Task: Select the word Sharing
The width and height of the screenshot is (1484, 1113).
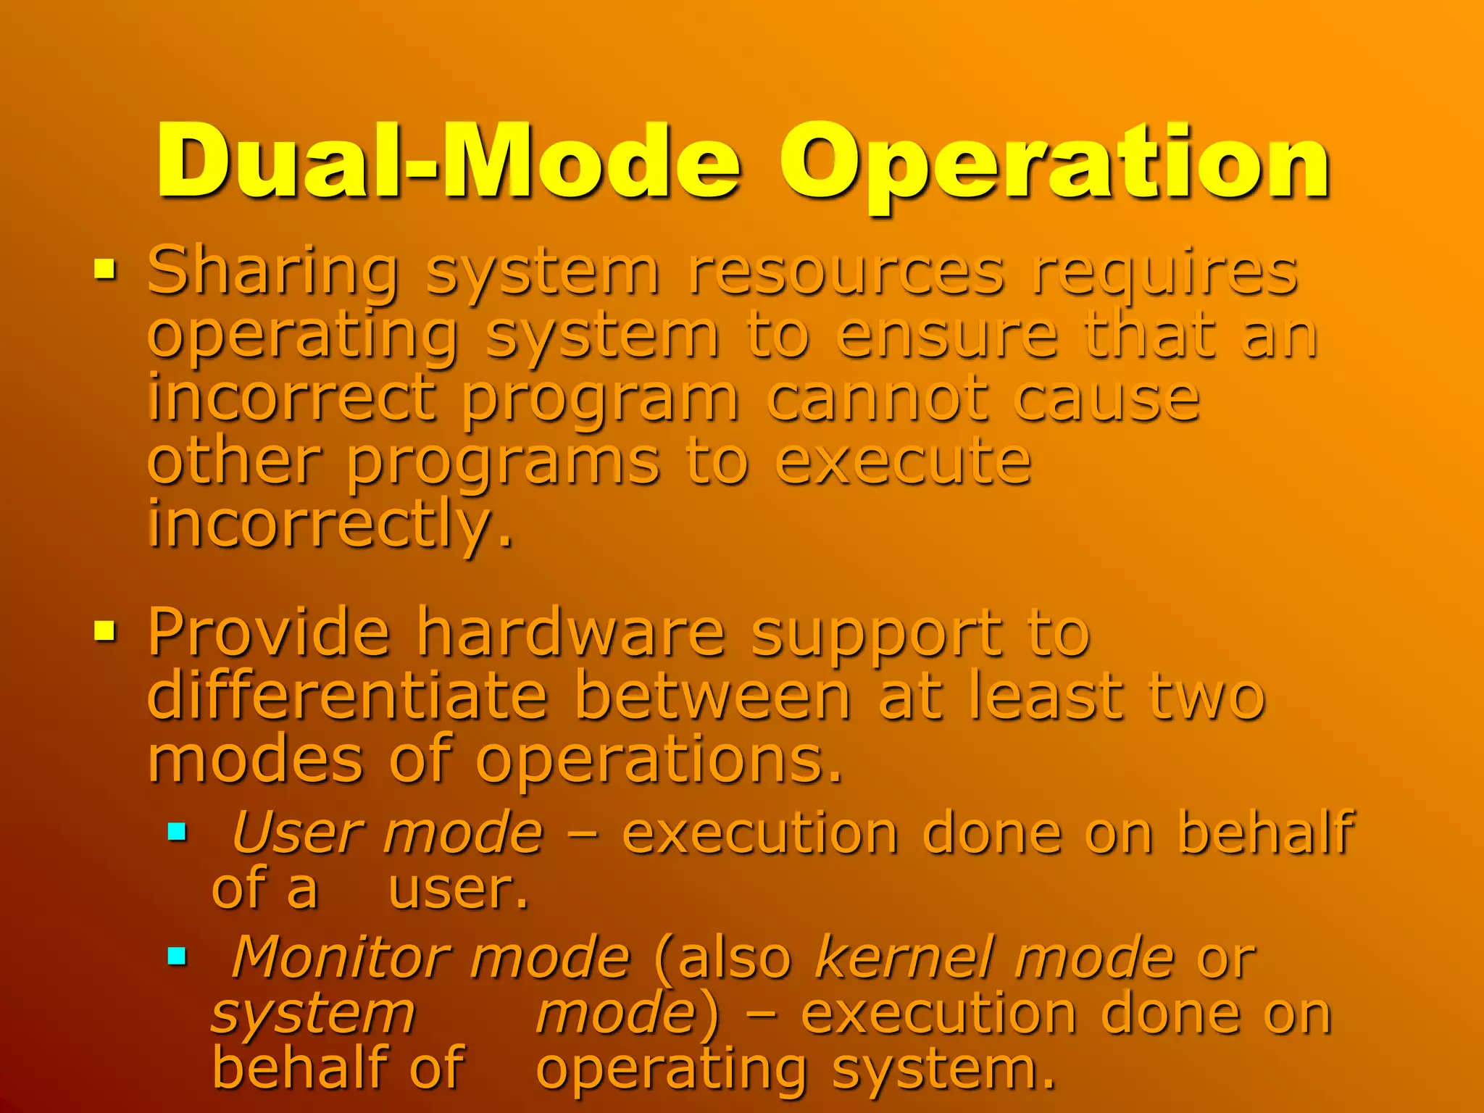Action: click(272, 272)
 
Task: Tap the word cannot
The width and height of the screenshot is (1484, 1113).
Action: click(877, 399)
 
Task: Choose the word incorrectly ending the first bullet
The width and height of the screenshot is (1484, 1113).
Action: click(330, 525)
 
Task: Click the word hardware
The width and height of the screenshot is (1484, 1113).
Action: click(570, 632)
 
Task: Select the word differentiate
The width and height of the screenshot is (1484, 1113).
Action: click(347, 696)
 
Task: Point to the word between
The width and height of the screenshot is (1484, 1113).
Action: click(713, 696)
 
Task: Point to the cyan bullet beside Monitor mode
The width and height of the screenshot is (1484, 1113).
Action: click(177, 956)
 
